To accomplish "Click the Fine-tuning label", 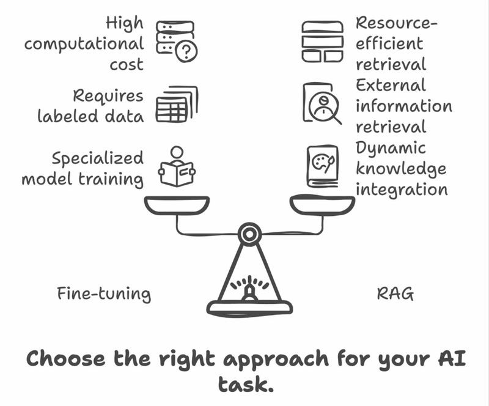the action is (104, 294).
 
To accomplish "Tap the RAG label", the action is (395, 294).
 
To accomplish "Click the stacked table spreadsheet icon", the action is (176, 104).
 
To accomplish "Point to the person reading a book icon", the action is (176, 167).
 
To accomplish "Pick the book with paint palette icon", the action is (322, 166).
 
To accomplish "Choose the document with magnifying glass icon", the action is (322, 103).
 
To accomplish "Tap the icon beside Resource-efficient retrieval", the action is (322, 41).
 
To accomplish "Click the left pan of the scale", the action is (177, 205).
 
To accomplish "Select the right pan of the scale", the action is (322, 205).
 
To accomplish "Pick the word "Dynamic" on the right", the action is (391, 149).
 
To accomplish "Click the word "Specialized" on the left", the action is (98, 158).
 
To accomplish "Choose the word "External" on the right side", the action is (391, 86).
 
